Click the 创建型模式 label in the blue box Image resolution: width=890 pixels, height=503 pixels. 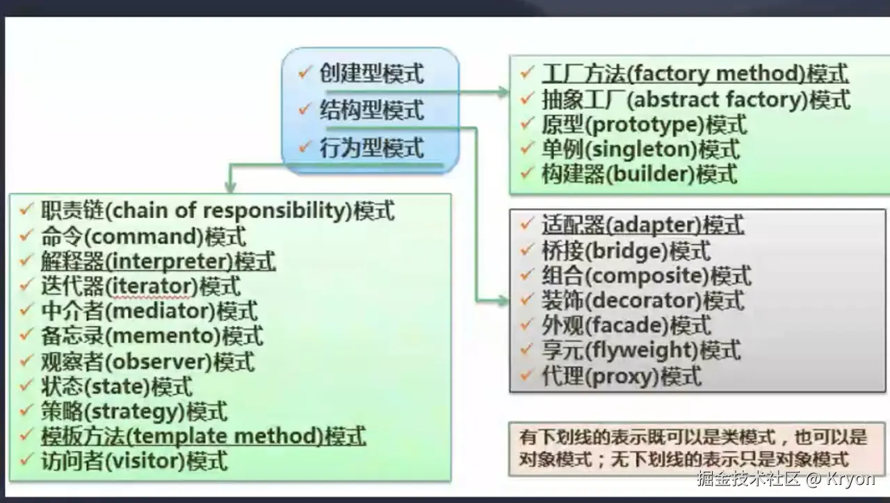tap(371, 74)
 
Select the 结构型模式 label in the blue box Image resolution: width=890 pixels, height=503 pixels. tap(371, 110)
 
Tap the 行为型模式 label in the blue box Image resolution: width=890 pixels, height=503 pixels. tap(371, 148)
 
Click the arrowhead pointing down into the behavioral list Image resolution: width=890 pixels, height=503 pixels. tap(231, 187)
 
